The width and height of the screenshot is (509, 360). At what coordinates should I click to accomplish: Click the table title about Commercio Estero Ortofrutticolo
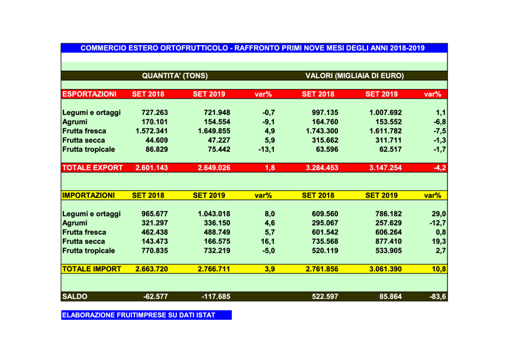(x=254, y=48)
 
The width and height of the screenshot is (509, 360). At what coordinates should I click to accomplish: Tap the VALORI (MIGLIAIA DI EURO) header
(x=354, y=76)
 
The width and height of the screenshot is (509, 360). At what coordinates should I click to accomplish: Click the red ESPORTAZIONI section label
(x=89, y=95)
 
